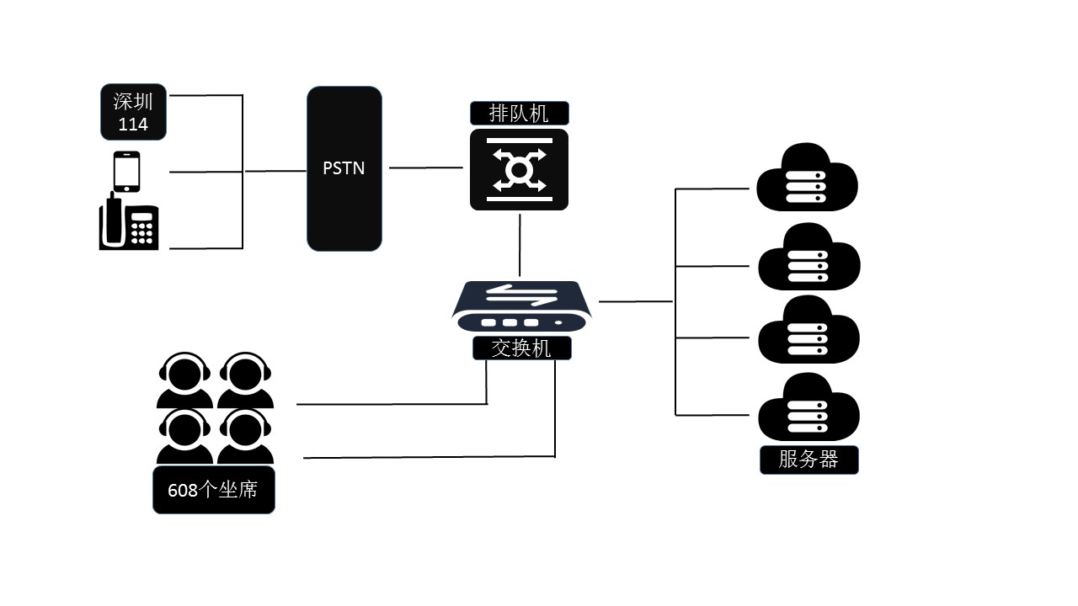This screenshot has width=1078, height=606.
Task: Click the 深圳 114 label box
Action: click(x=133, y=112)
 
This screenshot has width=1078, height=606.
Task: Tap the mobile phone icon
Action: click(x=126, y=172)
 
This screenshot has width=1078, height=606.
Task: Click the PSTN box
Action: click(x=344, y=168)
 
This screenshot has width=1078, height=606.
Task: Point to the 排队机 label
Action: click(x=519, y=113)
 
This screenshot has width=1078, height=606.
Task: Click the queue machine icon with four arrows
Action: click(x=519, y=170)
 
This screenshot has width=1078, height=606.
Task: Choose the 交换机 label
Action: click(x=521, y=348)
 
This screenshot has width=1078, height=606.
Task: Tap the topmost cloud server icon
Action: click(x=806, y=178)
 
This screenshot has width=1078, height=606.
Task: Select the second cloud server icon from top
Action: click(x=808, y=258)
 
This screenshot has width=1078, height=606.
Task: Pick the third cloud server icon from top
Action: click(x=808, y=330)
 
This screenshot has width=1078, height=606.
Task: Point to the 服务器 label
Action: click(x=808, y=460)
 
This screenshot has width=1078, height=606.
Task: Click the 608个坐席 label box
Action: click(x=213, y=489)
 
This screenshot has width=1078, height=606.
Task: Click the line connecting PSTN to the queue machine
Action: click(x=426, y=167)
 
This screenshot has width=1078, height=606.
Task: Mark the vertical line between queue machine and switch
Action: click(x=520, y=245)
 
